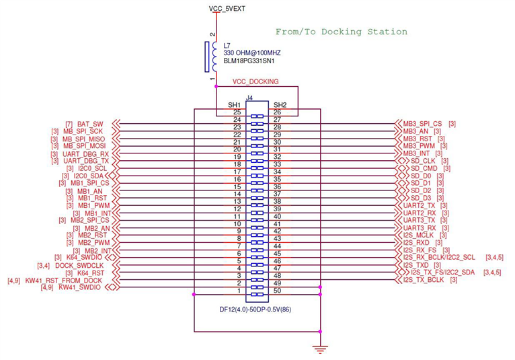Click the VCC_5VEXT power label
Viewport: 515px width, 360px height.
[x=228, y=8]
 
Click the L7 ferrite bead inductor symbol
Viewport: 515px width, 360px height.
[x=209, y=57]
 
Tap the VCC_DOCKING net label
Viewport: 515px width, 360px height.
[x=255, y=82]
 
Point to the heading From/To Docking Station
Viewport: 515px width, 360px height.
[x=342, y=32]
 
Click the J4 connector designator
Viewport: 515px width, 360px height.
[x=249, y=98]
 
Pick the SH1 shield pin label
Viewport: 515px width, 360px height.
[x=234, y=104]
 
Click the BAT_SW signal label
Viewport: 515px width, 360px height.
[x=90, y=124]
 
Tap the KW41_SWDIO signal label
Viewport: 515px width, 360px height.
[x=79, y=288]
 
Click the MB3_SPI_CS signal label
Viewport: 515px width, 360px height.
[x=423, y=124]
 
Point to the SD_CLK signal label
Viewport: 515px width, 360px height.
[x=425, y=161]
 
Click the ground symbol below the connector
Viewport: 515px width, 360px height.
[x=321, y=348]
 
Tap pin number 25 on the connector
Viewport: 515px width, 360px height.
[x=237, y=112]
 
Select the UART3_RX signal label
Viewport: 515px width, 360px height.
[x=420, y=227]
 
